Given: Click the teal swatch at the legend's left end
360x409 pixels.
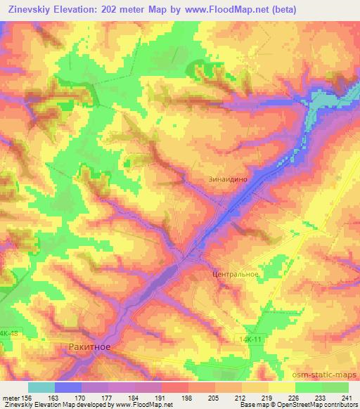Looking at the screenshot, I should click(x=41, y=387).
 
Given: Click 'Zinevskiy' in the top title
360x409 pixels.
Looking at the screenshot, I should click(x=33, y=10).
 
